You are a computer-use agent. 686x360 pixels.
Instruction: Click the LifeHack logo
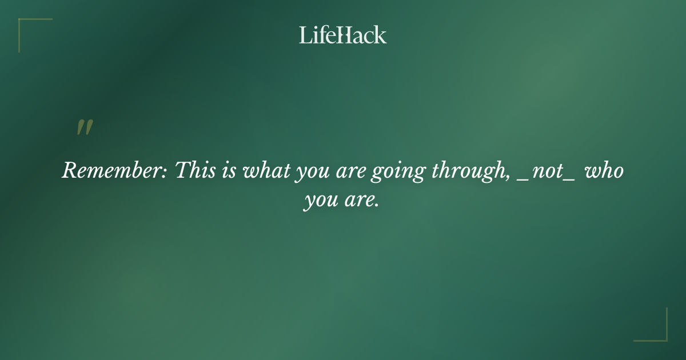tap(343, 35)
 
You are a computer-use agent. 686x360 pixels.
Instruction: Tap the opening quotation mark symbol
tap(85, 127)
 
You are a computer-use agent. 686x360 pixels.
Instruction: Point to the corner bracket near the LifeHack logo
tap(34, 34)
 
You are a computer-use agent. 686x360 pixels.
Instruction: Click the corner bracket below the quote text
tap(651, 325)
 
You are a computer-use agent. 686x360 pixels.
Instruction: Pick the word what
tap(267, 171)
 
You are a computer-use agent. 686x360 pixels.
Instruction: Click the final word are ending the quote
tap(362, 201)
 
